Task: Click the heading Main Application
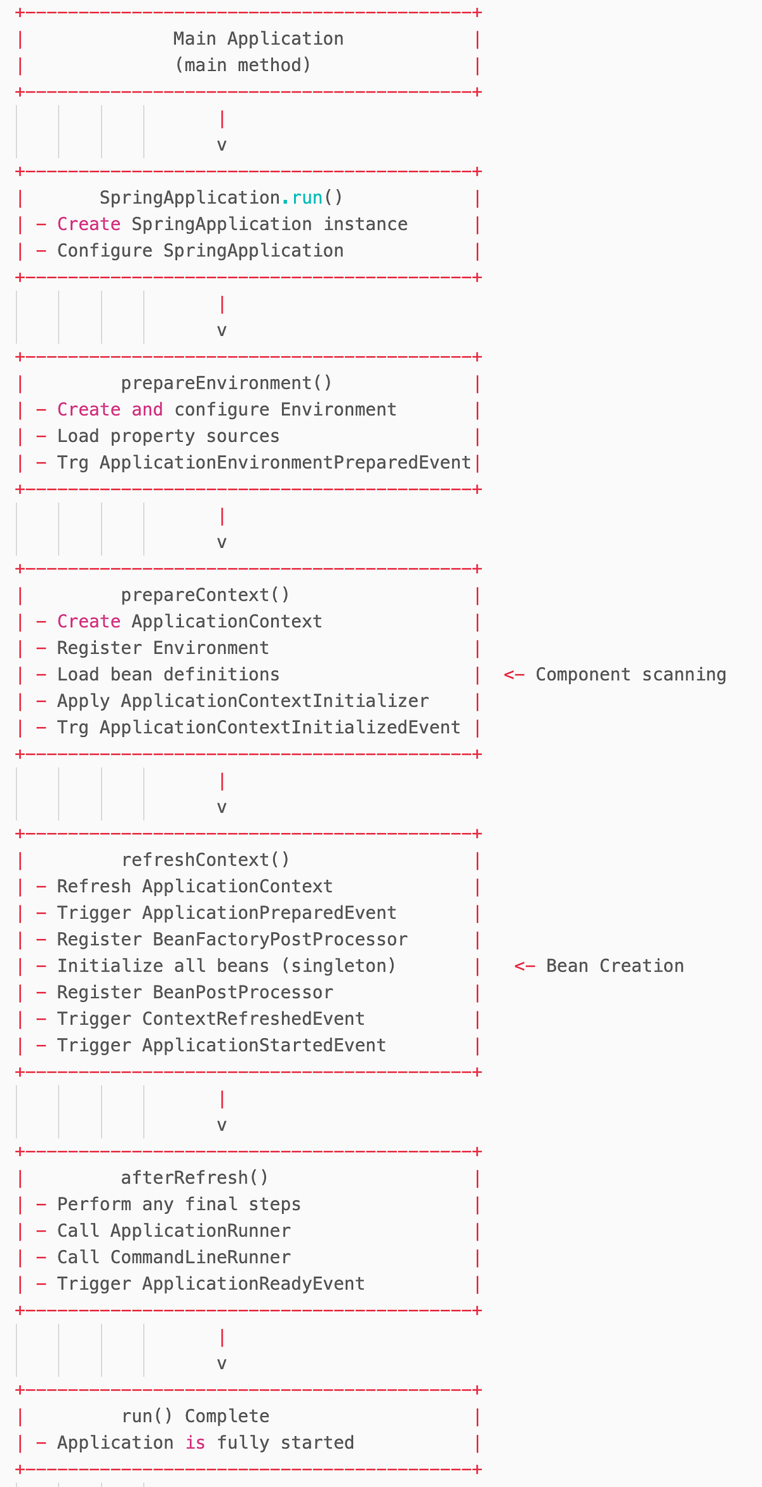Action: click(258, 39)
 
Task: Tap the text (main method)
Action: click(243, 65)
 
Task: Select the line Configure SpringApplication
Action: click(200, 251)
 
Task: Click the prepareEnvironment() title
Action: click(226, 383)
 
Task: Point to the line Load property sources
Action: click(168, 436)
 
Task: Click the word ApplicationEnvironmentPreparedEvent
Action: click(285, 463)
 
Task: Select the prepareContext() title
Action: click(205, 595)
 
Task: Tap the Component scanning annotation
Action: click(630, 674)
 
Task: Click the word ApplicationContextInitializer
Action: click(274, 701)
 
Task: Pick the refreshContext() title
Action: click(205, 860)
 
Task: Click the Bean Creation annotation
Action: click(614, 966)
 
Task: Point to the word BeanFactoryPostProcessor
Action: click(280, 940)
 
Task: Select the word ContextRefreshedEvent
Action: click(253, 1019)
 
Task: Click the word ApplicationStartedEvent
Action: click(264, 1046)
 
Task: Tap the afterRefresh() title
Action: click(194, 1178)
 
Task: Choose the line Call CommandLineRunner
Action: click(173, 1257)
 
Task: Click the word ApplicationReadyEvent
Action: click(253, 1284)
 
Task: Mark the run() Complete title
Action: click(195, 1417)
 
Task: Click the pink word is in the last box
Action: click(195, 1443)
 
